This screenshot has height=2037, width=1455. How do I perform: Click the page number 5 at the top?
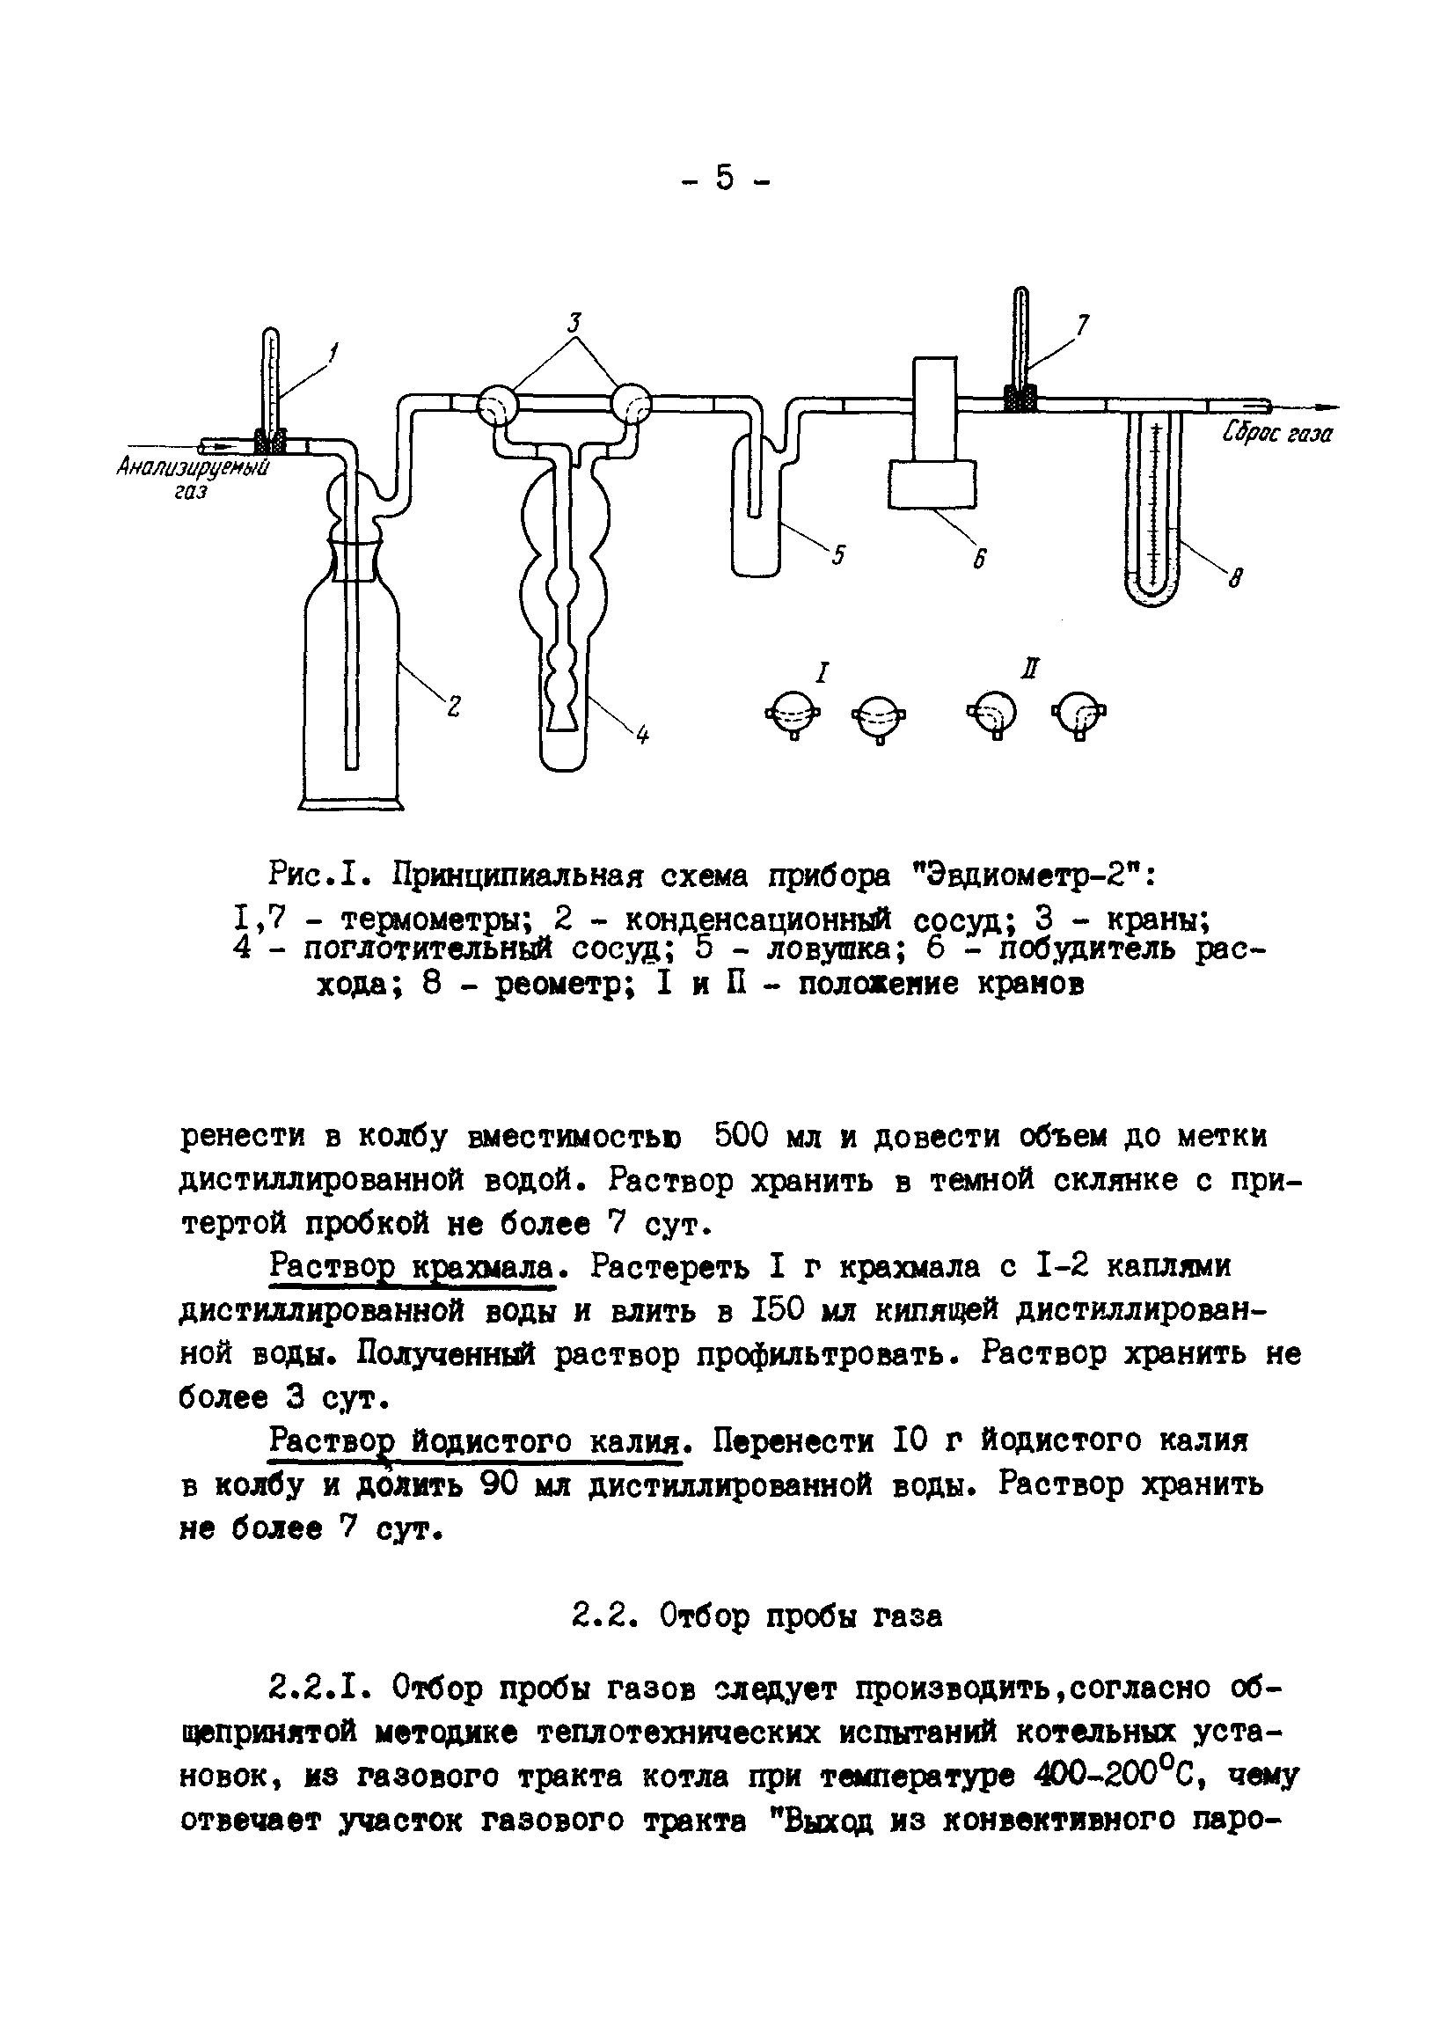point(725,180)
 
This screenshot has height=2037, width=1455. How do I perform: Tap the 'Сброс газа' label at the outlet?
point(1276,434)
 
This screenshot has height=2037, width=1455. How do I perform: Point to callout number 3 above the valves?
point(575,323)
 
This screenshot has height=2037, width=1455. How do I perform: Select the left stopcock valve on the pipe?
point(495,406)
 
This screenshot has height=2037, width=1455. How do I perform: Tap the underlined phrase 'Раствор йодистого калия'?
point(481,1440)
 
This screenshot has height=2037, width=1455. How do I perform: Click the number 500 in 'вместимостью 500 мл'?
point(742,1136)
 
